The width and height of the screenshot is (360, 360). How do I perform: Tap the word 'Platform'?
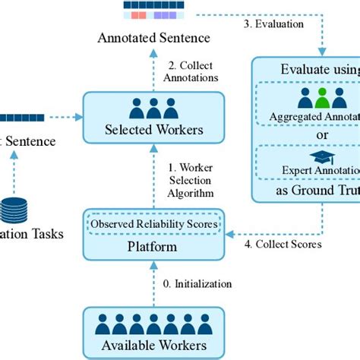pyautogui.click(x=154, y=247)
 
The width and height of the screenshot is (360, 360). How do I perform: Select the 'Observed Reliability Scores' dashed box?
pyautogui.click(x=154, y=224)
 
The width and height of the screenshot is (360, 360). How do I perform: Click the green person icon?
pyautogui.click(x=322, y=98)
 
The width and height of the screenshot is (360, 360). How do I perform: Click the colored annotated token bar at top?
pyautogui.click(x=154, y=11)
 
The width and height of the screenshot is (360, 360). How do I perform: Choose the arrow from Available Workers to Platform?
pyautogui.click(x=154, y=284)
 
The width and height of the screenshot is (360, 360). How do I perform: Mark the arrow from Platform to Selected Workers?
pyautogui.click(x=154, y=175)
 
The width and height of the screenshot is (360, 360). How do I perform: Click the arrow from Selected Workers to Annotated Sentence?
pyautogui.click(x=154, y=68)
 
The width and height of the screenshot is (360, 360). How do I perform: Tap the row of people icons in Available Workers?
pyautogui.click(x=154, y=324)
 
